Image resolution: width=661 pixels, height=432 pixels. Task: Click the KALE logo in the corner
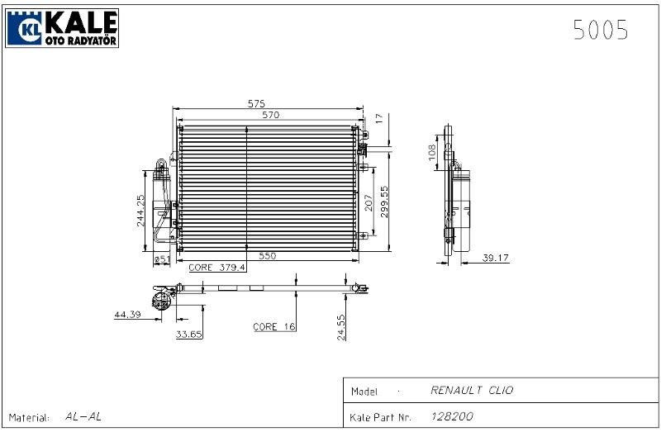[x=63, y=27]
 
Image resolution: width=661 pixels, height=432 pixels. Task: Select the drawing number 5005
[x=601, y=31]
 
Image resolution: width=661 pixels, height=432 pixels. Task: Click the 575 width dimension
[x=256, y=104]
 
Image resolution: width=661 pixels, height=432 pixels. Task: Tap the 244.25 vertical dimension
[x=141, y=211]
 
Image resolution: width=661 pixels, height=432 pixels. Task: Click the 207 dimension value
[x=369, y=202]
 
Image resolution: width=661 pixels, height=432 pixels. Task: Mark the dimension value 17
[x=378, y=119]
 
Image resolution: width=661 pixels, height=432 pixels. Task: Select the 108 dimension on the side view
[x=430, y=152]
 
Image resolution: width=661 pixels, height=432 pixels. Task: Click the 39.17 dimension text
[x=496, y=259]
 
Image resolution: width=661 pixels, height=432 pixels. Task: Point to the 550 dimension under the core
[x=268, y=257]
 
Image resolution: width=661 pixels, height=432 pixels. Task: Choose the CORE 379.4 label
[x=217, y=268]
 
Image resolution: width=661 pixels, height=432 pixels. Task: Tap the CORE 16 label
[x=273, y=327]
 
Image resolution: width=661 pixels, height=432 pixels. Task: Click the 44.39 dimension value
[x=128, y=315]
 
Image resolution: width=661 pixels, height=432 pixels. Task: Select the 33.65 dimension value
[x=188, y=334]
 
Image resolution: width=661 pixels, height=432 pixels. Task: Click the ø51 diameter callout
[x=162, y=260]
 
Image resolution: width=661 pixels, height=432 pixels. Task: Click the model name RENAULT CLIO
[x=472, y=391]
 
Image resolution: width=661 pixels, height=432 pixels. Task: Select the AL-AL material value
[x=83, y=417]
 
